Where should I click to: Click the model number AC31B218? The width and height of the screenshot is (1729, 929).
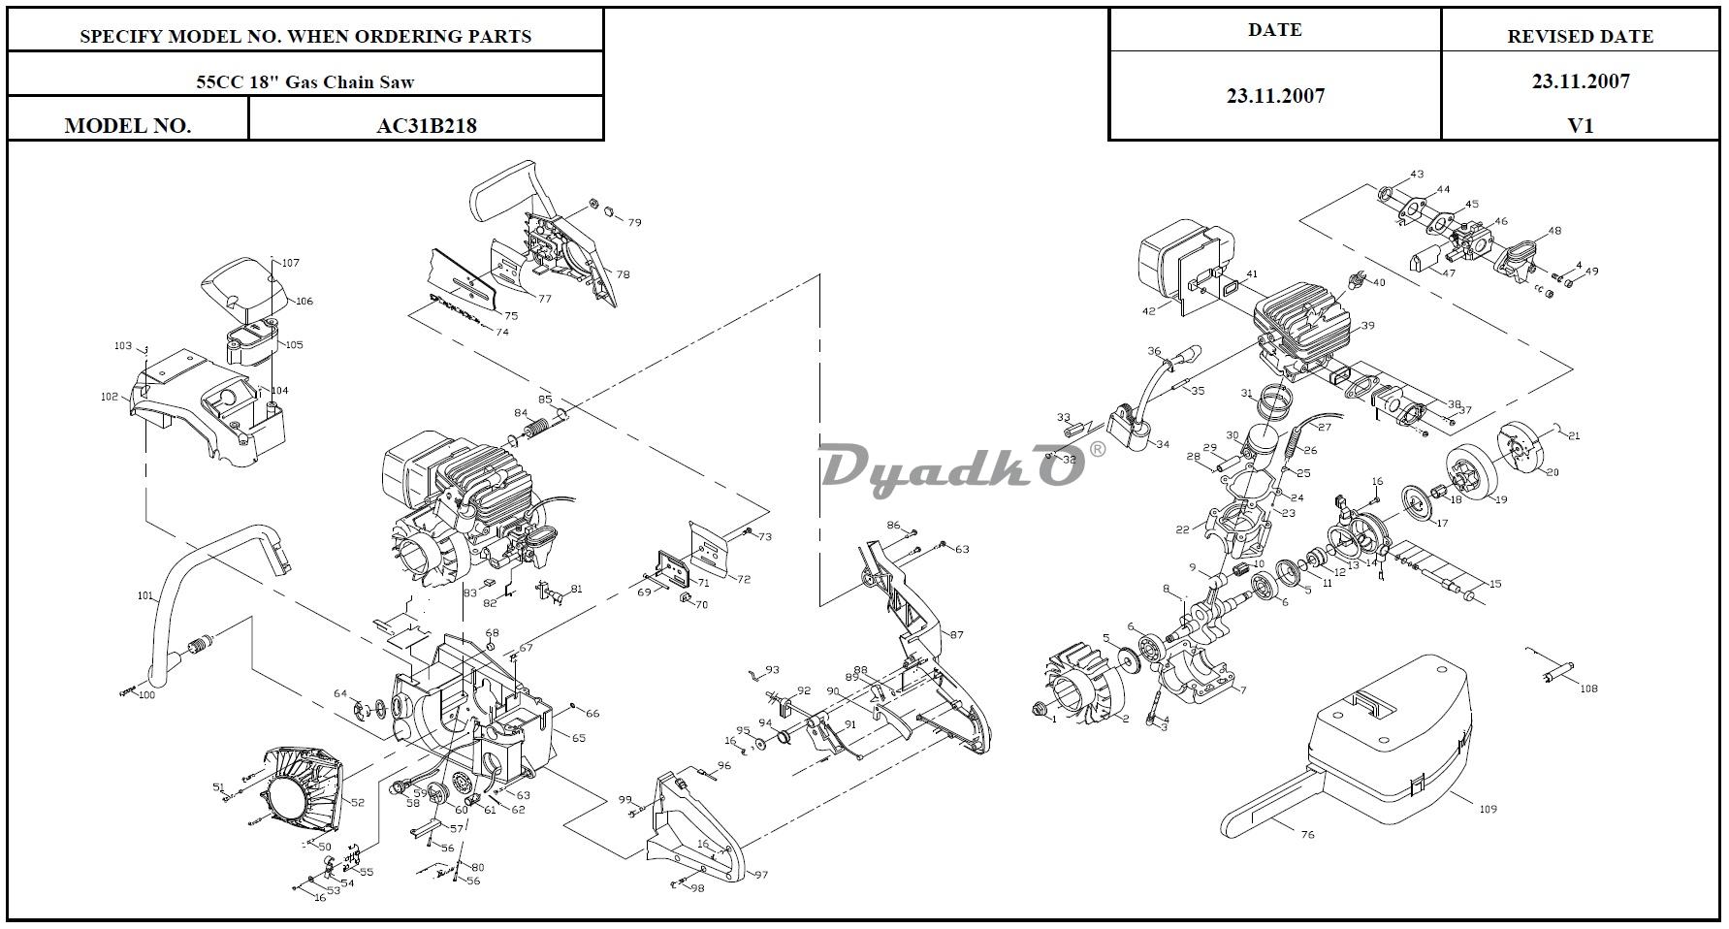point(426,125)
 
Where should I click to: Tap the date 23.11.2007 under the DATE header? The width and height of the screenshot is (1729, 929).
point(1275,96)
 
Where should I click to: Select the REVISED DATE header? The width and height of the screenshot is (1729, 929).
point(1580,37)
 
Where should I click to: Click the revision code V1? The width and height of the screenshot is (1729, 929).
point(1581,125)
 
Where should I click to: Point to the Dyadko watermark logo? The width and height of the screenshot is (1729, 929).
point(953,467)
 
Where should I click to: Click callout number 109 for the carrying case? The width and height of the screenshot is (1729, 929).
point(1488,808)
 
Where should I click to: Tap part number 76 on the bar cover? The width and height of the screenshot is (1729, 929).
point(1307,834)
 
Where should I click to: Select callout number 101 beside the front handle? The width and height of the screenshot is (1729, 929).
point(145,596)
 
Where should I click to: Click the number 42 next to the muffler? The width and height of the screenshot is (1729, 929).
point(1149,311)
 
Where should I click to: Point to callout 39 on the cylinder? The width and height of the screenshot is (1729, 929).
point(1367,326)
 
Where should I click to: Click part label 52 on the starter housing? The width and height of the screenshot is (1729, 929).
point(357,802)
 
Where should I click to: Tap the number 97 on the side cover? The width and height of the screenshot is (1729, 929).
point(761,875)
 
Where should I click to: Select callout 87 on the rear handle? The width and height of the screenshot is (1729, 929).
point(957,635)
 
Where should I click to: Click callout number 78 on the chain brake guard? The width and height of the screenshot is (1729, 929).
point(623,274)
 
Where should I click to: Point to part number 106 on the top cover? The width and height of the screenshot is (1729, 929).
point(304,302)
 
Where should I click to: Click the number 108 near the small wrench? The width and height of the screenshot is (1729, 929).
point(1588,689)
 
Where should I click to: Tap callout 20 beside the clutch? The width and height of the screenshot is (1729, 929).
point(1552,472)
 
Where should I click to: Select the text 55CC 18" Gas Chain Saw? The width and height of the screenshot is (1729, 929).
point(305,81)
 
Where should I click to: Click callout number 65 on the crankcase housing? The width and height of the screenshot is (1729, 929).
point(579,738)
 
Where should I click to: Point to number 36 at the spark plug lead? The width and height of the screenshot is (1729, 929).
point(1154,351)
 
